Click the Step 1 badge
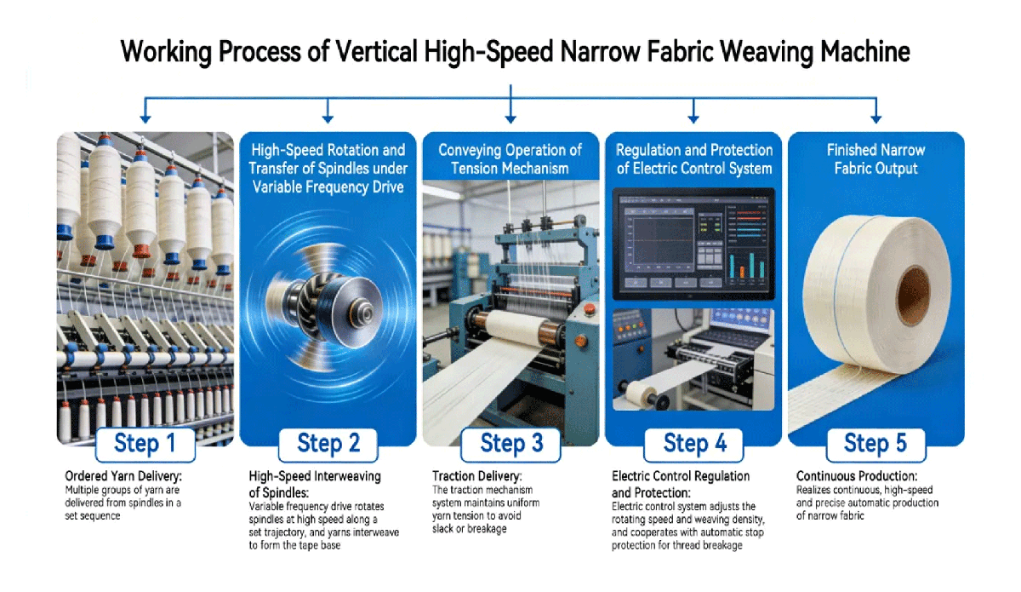point(145,445)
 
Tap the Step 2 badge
point(328,445)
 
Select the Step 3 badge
point(511,445)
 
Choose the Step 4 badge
point(693,445)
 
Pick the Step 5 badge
point(876,445)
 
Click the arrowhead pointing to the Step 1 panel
point(145,119)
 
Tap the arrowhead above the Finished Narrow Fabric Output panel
point(876,119)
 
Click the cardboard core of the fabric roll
point(913,296)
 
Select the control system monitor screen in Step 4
point(693,244)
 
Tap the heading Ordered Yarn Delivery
point(123,476)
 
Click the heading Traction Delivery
point(476,476)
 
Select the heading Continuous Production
point(857,476)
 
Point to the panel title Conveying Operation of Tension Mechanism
point(510,159)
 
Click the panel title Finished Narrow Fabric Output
point(876,159)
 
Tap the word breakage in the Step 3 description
point(487,529)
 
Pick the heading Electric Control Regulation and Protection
point(681,485)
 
